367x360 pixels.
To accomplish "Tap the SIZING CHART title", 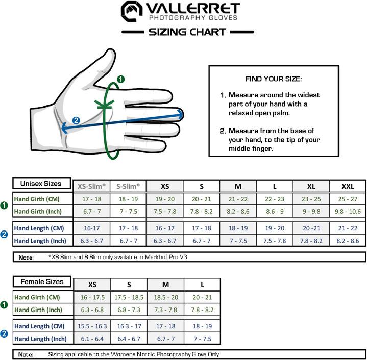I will (x=187, y=32).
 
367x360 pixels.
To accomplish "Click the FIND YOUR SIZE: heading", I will (x=273, y=79).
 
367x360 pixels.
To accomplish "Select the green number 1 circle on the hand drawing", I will (x=120, y=79).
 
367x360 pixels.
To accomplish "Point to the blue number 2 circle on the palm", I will (x=76, y=121).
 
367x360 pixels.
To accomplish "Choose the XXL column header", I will (x=348, y=186).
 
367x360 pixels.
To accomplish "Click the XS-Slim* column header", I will (x=92, y=186).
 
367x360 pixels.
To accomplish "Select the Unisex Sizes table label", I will (x=41, y=184).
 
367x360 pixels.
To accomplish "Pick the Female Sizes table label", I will (x=42, y=281).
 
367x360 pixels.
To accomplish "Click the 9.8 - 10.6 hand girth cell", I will (x=348, y=211).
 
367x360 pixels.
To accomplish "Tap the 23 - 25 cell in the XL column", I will (x=311, y=199).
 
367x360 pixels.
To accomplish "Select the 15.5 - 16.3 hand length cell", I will (x=92, y=326).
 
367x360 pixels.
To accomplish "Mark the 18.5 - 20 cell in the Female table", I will (x=165, y=297).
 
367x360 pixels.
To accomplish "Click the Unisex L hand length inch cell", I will (x=275, y=241).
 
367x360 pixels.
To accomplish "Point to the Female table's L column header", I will (x=202, y=285).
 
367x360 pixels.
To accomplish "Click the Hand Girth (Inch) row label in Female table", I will (x=40, y=310).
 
